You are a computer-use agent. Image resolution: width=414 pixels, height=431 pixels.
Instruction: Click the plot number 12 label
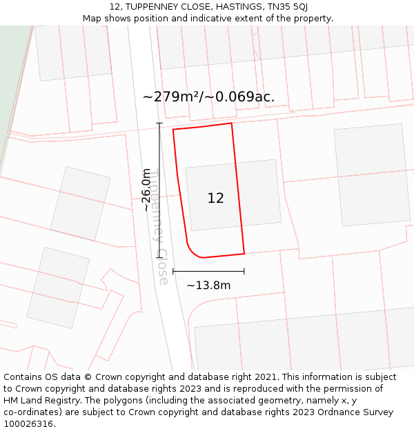215,199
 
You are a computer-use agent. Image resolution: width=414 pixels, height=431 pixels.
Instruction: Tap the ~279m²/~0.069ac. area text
208,97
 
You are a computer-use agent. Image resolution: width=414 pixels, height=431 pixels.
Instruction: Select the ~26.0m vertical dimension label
146,190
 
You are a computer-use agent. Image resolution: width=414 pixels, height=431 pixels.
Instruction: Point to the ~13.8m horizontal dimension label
208,285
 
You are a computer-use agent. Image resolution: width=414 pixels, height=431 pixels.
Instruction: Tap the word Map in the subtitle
92,19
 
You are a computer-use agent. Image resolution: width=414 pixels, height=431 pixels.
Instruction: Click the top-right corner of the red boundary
231,123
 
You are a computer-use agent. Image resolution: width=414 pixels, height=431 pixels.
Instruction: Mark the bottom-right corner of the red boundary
244,253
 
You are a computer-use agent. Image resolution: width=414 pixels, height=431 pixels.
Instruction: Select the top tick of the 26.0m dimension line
160,123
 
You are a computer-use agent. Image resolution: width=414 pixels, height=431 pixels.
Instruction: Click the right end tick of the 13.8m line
244,271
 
